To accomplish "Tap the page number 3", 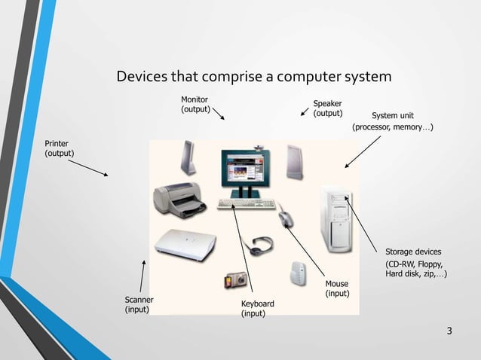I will pos(449,331).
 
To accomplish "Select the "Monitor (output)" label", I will pos(195,105).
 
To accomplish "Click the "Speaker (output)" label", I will pos(327,108).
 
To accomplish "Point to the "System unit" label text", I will pos(392,116).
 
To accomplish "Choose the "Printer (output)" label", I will pos(60,148).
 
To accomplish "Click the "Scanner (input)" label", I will pos(139,304).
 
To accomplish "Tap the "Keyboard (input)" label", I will pos(257,308).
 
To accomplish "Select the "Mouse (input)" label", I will pos(337,288).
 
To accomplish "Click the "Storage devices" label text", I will pos(413,252).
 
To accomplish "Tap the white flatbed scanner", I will pos(185,244).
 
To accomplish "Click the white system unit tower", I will pos(335,218).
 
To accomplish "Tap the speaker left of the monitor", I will pos(187,158).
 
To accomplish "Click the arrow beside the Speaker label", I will pos(305,111).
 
